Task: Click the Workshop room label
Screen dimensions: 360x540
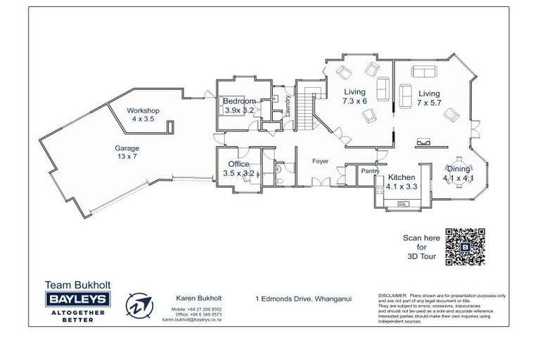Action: pos(143,115)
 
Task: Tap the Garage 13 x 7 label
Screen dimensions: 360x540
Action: pos(127,153)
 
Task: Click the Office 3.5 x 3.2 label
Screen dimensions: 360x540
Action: pos(238,168)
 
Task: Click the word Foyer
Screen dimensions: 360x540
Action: pos(321,161)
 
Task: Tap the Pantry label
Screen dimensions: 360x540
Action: pos(370,171)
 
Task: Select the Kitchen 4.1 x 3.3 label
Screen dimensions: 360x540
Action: pos(401,182)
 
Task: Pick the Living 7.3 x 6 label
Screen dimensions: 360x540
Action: pos(354,96)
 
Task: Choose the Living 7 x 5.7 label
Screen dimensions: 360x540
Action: pos(429,98)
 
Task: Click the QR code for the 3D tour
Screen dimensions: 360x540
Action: pos(465,247)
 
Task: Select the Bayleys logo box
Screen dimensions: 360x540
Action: pos(77,300)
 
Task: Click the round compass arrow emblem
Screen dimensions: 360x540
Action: pos(139,306)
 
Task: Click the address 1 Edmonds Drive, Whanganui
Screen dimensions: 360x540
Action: pos(303,298)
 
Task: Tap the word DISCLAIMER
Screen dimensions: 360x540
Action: pos(392,296)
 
